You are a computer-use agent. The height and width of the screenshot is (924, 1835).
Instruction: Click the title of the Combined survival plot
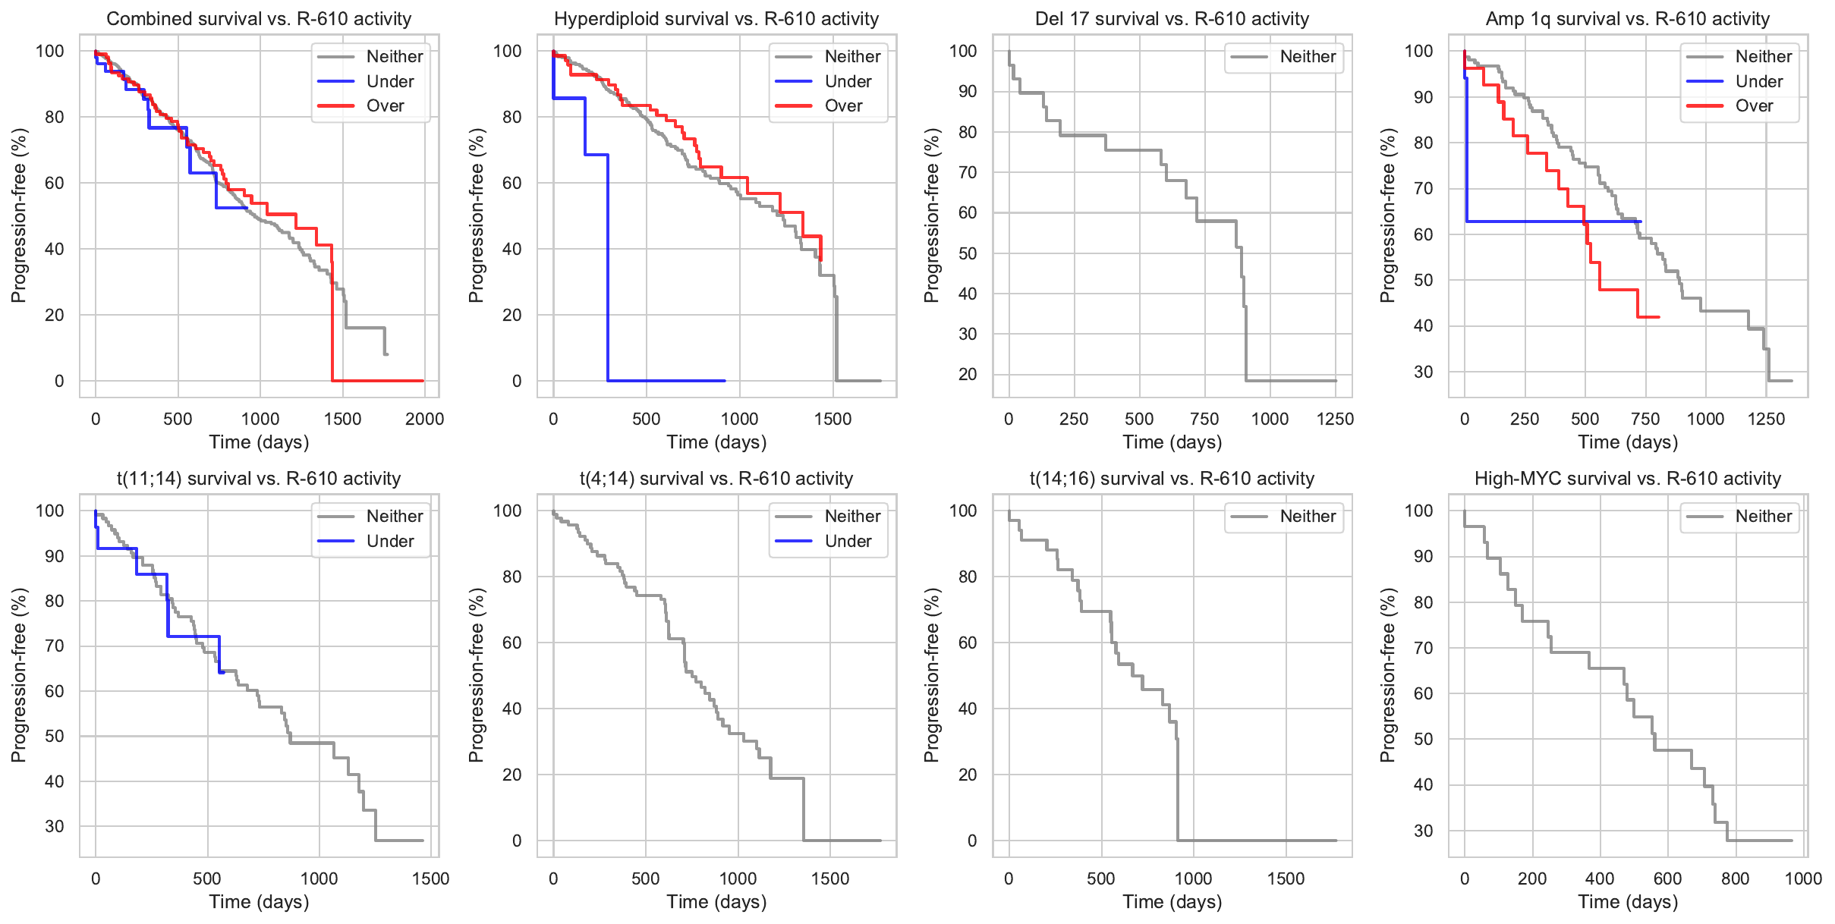tap(259, 19)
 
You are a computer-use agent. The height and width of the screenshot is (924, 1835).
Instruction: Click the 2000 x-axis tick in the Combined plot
tap(424, 420)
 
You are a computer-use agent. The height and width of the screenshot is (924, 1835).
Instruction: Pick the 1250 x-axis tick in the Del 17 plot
tap(1335, 420)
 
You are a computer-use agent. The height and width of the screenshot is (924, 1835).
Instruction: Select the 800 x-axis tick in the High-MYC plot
tap(1735, 879)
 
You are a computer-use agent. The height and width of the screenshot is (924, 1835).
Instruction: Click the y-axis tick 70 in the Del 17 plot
tap(967, 172)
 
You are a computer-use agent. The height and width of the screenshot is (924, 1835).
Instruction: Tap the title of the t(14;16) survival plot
tap(1172, 479)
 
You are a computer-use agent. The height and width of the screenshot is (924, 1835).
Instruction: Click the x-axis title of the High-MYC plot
tap(1628, 902)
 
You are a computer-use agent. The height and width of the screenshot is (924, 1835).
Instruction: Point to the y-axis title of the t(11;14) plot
tap(18, 675)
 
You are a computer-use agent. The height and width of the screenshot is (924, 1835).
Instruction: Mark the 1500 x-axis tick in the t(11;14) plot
tap(430, 879)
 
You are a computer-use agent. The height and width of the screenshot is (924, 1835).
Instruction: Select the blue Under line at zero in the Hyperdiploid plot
tap(668, 381)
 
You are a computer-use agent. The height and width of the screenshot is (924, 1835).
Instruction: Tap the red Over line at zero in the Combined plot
tap(379, 381)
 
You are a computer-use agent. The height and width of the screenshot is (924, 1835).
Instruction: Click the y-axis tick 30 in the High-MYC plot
tap(1423, 831)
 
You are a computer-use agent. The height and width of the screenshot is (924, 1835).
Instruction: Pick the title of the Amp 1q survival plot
tap(1627, 19)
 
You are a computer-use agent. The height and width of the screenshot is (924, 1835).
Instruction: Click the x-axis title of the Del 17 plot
tap(1172, 442)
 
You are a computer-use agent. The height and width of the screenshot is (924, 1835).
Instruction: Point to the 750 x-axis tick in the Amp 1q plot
tap(1645, 420)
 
